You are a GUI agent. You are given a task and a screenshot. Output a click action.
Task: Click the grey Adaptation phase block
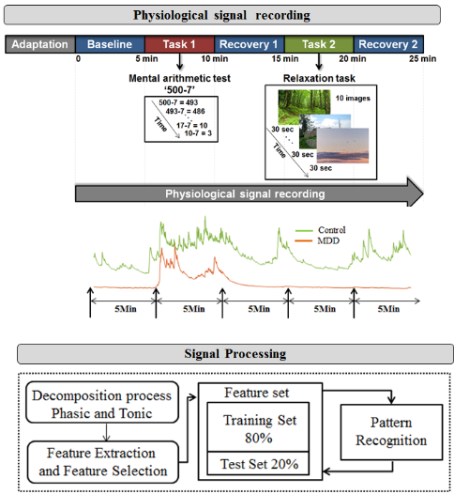(40, 44)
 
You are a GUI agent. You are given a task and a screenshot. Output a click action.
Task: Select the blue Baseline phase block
(110, 44)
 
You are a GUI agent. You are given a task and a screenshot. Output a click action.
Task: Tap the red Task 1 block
(180, 44)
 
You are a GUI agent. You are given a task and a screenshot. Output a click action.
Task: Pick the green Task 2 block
(319, 44)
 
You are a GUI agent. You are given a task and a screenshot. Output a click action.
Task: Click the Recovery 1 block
(250, 44)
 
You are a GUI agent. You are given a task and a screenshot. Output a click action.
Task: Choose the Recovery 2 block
(388, 44)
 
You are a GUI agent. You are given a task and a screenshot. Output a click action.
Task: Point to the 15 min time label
(285, 59)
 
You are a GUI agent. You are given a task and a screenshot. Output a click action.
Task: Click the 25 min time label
(422, 59)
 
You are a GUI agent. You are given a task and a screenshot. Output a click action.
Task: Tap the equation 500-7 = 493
(178, 102)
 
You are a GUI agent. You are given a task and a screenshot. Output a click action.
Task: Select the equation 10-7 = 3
(198, 133)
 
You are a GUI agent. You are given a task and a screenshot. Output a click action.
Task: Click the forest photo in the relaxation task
(304, 105)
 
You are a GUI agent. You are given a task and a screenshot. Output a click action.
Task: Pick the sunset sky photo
(342, 146)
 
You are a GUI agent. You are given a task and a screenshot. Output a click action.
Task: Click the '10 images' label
(353, 99)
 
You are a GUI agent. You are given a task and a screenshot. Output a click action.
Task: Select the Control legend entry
(320, 230)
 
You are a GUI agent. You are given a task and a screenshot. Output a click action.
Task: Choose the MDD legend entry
(317, 241)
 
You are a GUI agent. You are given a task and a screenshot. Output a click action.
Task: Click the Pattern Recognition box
(391, 432)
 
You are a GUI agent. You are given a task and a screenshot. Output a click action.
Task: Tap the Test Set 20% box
(258, 463)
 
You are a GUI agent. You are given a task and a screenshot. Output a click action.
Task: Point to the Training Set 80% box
(258, 427)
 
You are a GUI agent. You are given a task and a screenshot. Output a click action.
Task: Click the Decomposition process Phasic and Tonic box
(102, 402)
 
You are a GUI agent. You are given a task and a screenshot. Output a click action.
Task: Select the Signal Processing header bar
(235, 354)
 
